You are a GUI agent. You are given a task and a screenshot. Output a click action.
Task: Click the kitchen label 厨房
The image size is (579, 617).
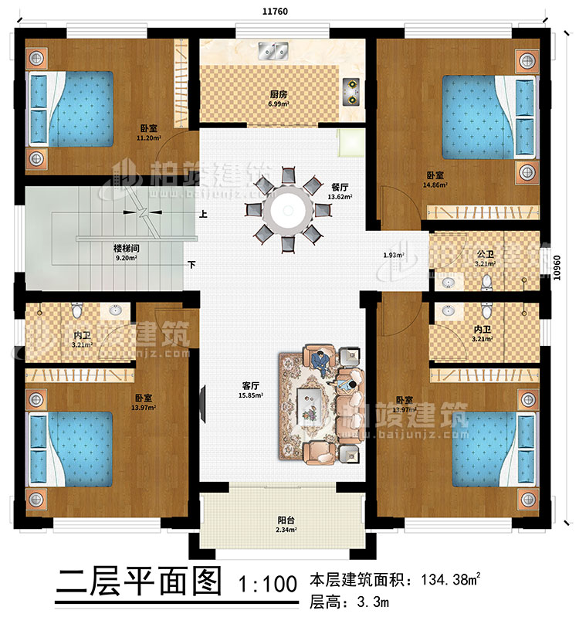tap(278, 96)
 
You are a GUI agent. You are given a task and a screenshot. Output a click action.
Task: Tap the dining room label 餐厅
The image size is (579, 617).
tap(340, 186)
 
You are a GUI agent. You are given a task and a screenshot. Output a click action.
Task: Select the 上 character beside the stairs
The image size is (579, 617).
tap(202, 216)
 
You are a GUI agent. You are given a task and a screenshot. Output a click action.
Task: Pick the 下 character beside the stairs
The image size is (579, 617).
tap(190, 266)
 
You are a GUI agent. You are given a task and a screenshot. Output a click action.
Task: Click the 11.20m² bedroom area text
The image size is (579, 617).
tap(148, 139)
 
